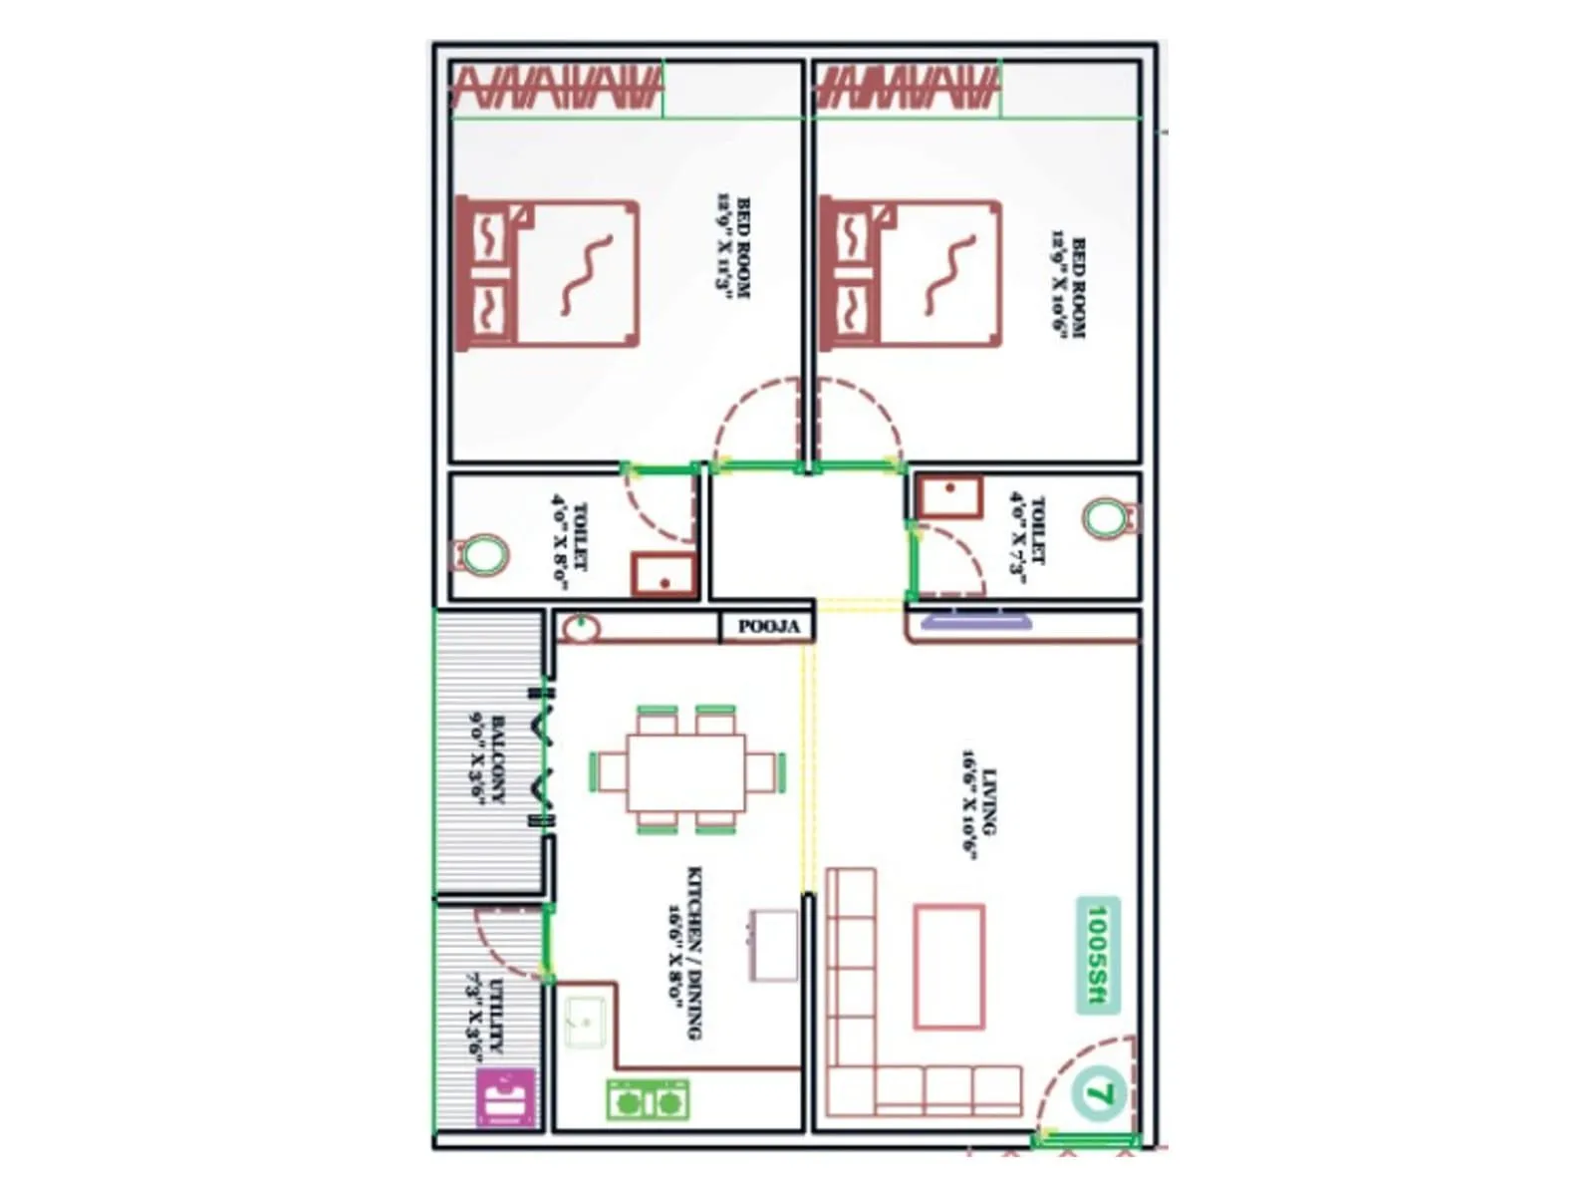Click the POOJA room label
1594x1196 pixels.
point(768,627)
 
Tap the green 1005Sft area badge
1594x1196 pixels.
point(1097,955)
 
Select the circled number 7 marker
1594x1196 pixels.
point(1098,1093)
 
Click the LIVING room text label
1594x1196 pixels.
point(979,801)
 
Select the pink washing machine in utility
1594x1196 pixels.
point(506,1098)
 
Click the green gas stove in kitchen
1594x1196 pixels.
point(648,1100)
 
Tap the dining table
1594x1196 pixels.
point(686,771)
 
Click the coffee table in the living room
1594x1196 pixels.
point(949,966)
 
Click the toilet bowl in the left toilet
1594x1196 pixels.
point(482,554)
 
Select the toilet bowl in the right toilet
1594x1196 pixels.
point(1108,518)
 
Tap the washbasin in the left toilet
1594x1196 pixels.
point(664,575)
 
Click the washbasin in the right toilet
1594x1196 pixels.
point(949,495)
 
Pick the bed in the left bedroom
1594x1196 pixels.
point(548,273)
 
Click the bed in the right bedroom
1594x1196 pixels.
point(912,273)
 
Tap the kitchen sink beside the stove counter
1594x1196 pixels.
point(586,1022)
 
